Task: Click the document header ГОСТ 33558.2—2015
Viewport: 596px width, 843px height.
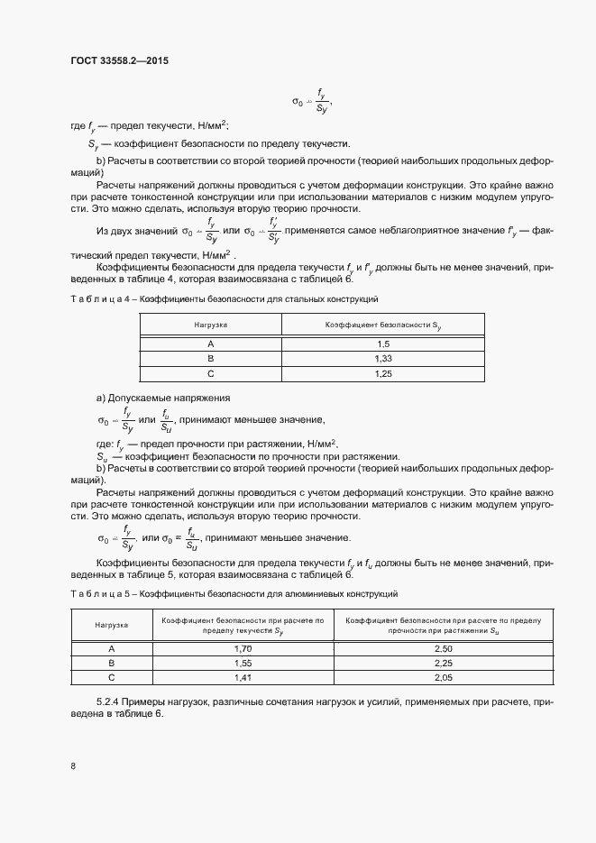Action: [119, 61]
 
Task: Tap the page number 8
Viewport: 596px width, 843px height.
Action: [72, 766]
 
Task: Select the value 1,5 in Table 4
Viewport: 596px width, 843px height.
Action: [382, 344]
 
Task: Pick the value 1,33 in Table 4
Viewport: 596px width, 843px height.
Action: [382, 359]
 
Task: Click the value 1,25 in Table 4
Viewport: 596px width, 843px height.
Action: [382, 373]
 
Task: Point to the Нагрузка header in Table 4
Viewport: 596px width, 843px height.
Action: [210, 324]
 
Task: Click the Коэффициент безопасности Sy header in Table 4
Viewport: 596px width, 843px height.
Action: [382, 324]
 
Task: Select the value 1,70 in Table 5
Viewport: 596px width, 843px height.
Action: [243, 648]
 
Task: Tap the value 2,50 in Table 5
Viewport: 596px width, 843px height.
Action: [443, 648]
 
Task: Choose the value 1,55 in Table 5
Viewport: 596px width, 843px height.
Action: [243, 663]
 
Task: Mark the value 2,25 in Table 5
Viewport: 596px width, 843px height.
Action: [443, 663]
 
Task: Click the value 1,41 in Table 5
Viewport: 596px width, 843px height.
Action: [243, 677]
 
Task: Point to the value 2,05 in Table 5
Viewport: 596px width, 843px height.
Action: [443, 677]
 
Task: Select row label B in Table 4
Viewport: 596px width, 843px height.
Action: [210, 359]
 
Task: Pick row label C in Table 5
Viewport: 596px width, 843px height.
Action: [112, 677]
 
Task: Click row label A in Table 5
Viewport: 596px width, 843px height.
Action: [112, 648]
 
